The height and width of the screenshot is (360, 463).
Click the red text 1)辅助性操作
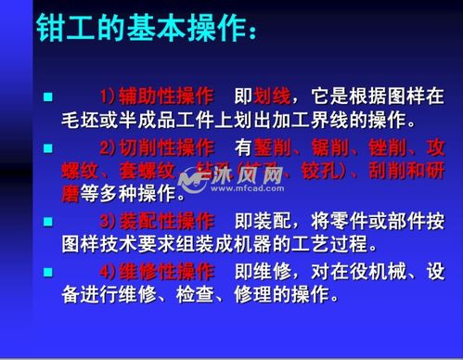(x=156, y=96)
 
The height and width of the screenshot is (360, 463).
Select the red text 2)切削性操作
(x=156, y=147)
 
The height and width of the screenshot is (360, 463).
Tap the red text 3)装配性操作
(x=156, y=221)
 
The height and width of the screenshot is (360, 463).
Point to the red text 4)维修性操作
(x=156, y=271)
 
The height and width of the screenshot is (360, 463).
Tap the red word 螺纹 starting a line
(x=79, y=171)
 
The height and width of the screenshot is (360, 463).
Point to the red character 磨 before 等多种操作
(x=68, y=195)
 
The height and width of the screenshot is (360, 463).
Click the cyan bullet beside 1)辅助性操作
(x=48, y=96)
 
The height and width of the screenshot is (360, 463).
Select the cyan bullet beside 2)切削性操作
(x=48, y=147)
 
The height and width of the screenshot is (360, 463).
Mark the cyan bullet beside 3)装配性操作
(x=48, y=221)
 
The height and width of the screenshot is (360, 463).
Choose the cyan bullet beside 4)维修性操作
(x=48, y=271)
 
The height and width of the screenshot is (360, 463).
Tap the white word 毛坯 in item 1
(x=79, y=121)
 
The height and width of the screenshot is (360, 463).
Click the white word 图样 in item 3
(x=79, y=245)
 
